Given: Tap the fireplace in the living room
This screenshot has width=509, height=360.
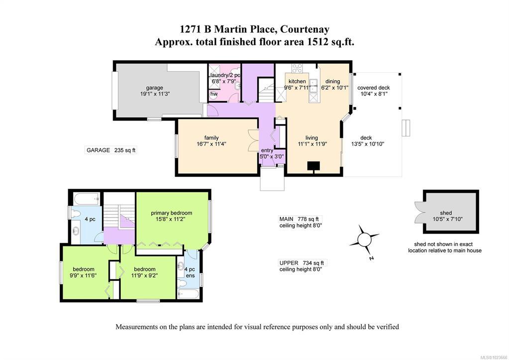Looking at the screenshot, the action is click(x=314, y=166).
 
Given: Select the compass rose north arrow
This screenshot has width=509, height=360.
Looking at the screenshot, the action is click(x=364, y=240).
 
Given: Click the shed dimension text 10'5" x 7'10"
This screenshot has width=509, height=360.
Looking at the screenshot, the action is click(x=448, y=219).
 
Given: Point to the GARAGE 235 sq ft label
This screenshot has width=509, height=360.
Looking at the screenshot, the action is click(x=111, y=150).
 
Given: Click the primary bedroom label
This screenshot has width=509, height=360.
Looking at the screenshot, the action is click(x=171, y=213).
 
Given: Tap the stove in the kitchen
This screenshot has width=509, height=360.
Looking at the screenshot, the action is click(x=297, y=68).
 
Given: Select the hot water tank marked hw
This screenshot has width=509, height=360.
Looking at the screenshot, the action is click(x=213, y=94).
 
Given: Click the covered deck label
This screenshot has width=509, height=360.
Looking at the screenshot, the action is click(x=374, y=88).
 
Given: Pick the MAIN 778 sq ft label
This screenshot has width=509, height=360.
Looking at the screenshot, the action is click(x=299, y=219).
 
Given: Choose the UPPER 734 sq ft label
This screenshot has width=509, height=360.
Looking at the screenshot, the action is click(x=302, y=263).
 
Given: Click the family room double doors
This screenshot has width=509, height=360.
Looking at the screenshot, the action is click(x=253, y=141).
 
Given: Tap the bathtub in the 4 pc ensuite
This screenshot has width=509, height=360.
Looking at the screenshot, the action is click(x=188, y=294).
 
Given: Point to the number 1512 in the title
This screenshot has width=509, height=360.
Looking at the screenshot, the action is click(x=316, y=42).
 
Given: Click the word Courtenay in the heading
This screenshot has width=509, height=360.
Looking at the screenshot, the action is click(x=305, y=29).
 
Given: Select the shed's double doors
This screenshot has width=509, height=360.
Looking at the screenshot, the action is click(x=420, y=212).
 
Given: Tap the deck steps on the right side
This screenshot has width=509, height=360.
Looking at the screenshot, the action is click(x=406, y=128).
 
